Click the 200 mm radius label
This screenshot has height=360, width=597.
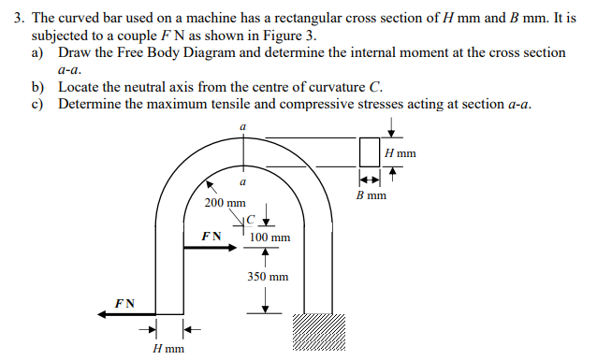tap(225, 202)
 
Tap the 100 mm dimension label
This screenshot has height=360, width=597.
tap(270, 238)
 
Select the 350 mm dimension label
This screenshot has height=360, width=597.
tap(268, 277)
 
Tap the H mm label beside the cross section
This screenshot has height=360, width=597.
tap(400, 152)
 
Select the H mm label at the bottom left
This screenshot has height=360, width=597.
tap(167, 349)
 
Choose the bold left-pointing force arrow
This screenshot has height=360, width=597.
tap(127, 316)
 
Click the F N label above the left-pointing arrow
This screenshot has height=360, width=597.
tap(124, 303)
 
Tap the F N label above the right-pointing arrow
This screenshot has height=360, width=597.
tap(211, 237)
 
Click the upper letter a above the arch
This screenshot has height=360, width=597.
tap(243, 124)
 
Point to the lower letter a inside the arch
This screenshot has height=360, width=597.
tap(243, 181)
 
